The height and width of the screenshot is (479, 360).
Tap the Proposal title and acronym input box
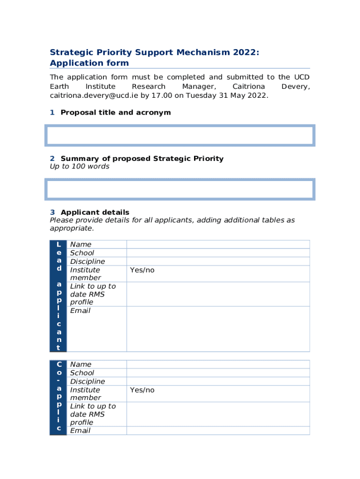(180, 135)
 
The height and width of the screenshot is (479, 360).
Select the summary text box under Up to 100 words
(180, 189)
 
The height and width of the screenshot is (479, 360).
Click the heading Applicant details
(95, 212)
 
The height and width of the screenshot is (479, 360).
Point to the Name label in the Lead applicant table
(81, 245)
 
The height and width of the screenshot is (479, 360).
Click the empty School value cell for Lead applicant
(218, 253)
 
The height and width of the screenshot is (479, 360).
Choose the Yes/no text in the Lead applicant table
(142, 270)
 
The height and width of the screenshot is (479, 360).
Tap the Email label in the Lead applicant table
(80, 311)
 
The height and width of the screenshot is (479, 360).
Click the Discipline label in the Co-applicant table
(87, 381)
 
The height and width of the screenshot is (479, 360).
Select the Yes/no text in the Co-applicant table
(142, 390)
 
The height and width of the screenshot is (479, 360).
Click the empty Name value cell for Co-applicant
(218, 364)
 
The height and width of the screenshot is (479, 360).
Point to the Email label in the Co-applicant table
(80, 431)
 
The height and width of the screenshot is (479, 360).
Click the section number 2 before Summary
(52, 159)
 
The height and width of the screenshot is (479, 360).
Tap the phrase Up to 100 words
(79, 167)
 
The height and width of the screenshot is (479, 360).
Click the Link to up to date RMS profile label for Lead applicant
(93, 294)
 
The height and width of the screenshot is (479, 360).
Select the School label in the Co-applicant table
(82, 373)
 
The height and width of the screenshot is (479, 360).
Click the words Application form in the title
(89, 63)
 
